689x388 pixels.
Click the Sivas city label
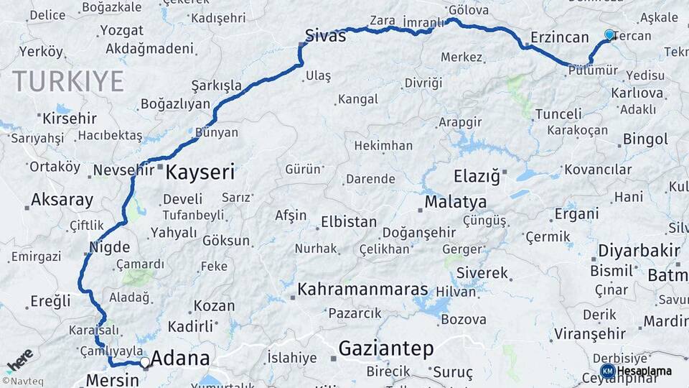(325, 35)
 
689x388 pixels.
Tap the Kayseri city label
(200, 172)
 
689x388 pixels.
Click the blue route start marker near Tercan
(609, 34)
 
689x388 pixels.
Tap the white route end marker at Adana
(145, 363)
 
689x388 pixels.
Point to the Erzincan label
(560, 37)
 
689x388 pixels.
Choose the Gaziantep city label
(386, 349)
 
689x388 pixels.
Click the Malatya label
(455, 202)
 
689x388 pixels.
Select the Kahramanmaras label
(362, 290)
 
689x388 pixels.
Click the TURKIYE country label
(68, 81)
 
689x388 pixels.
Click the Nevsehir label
(124, 171)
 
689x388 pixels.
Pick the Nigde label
(110, 247)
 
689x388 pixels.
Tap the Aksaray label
(62, 200)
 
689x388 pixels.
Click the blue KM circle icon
(607, 371)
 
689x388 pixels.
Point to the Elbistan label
(349, 222)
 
